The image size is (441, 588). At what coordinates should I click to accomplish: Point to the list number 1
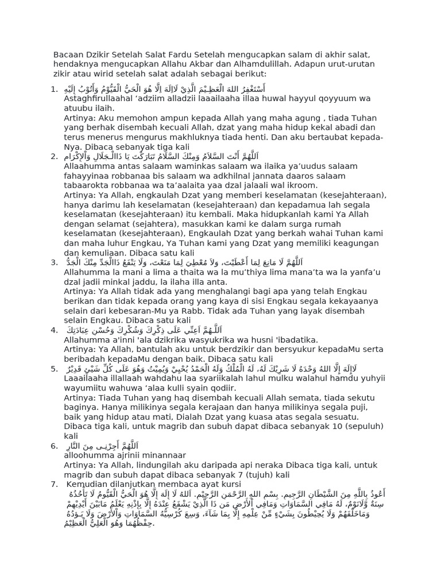coord(53,88)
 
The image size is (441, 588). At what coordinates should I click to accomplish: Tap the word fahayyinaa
coord(87,176)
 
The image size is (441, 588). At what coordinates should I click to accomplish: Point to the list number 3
coord(53,262)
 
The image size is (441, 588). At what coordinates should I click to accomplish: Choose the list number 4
coord(53,330)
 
